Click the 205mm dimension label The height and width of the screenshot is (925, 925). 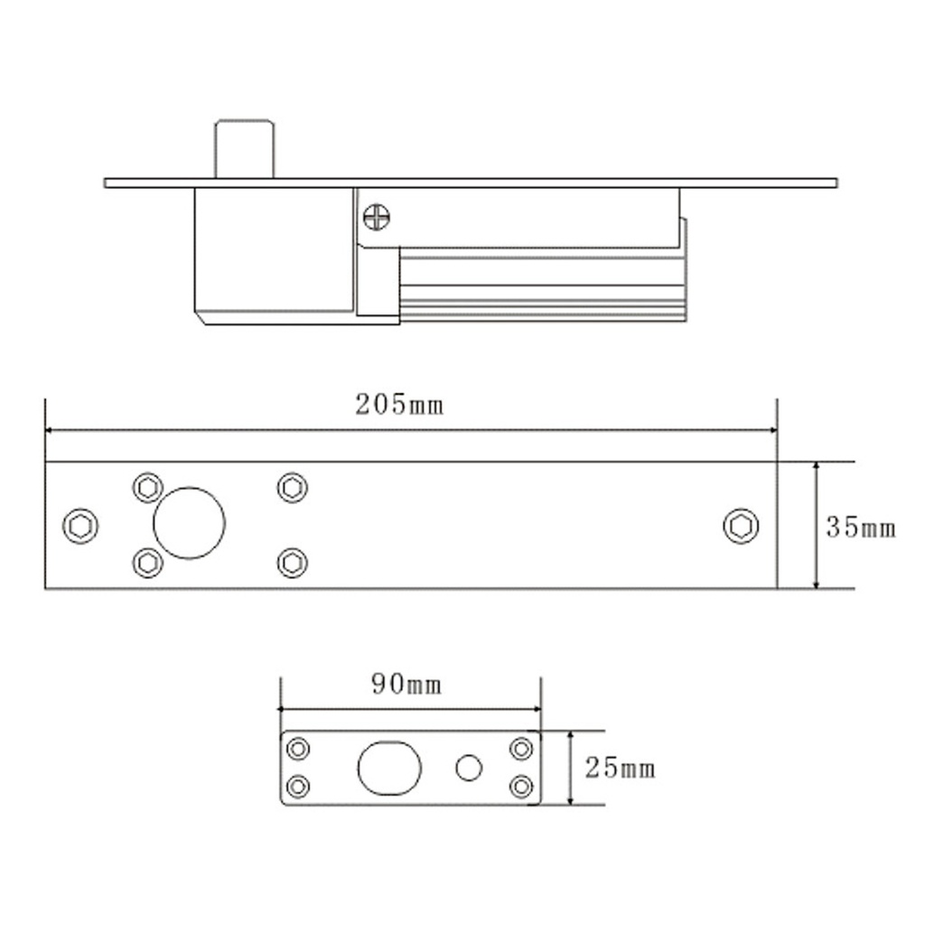(399, 405)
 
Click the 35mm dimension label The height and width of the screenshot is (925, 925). (860, 528)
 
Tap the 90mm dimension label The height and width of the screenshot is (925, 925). (406, 685)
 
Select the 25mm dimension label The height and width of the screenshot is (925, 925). (620, 769)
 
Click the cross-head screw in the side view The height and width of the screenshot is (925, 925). (376, 217)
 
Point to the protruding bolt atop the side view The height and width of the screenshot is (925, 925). (244, 148)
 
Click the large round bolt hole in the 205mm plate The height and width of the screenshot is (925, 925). (189, 523)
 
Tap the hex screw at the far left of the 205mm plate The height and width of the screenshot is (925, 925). (80, 525)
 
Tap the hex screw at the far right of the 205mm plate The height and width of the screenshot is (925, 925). (741, 526)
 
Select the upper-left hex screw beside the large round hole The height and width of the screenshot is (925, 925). (147, 487)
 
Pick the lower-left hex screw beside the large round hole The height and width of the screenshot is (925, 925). (147, 563)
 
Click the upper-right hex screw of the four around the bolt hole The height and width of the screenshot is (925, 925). (292, 487)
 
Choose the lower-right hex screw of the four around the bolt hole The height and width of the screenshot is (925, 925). (292, 563)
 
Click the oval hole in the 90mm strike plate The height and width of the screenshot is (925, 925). (389, 768)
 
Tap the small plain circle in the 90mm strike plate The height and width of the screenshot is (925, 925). (469, 768)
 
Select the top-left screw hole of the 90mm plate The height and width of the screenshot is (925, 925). (298, 749)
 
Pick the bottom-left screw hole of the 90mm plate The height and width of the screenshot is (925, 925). (298, 786)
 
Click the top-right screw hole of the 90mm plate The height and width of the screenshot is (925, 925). (521, 749)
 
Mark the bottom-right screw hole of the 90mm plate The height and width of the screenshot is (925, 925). (521, 786)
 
